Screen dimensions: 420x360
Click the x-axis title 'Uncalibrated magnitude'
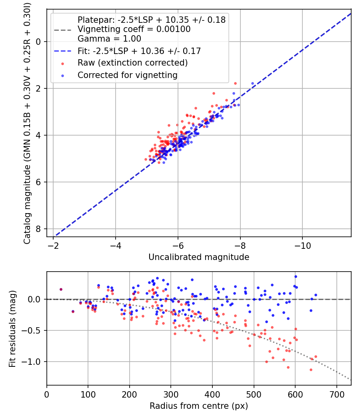199,257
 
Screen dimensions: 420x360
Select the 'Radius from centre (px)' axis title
199,406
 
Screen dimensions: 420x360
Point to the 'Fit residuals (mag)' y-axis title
12,328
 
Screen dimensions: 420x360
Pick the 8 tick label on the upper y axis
38,229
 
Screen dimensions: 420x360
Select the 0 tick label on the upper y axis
38,42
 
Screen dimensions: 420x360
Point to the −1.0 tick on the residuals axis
33,362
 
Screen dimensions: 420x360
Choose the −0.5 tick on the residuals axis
33,330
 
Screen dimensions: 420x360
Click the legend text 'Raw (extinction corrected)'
132,63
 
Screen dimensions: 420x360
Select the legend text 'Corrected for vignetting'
127,75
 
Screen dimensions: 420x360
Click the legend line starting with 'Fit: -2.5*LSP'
139,51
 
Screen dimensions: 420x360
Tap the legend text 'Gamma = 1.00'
109,39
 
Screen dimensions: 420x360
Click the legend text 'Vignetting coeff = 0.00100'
134,29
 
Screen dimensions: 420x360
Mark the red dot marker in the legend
63,63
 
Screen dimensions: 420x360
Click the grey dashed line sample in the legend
63,29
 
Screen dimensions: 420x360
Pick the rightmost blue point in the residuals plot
316,295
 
